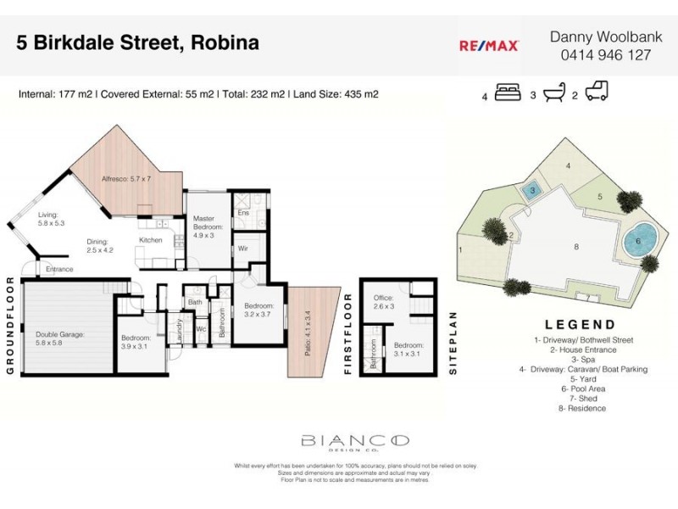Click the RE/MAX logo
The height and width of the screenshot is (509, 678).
[489, 47]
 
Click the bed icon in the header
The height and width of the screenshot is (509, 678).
[508, 92]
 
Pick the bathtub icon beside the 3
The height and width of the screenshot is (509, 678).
[553, 92]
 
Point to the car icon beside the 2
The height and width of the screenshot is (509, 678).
[597, 92]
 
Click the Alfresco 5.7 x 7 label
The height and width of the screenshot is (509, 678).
[126, 179]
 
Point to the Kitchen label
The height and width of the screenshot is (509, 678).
[150, 240]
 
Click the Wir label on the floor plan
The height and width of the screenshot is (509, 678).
[242, 249]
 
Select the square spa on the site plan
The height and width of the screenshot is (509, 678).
[531, 191]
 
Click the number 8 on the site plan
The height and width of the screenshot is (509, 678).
[576, 247]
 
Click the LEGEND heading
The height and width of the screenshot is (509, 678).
[581, 324]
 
